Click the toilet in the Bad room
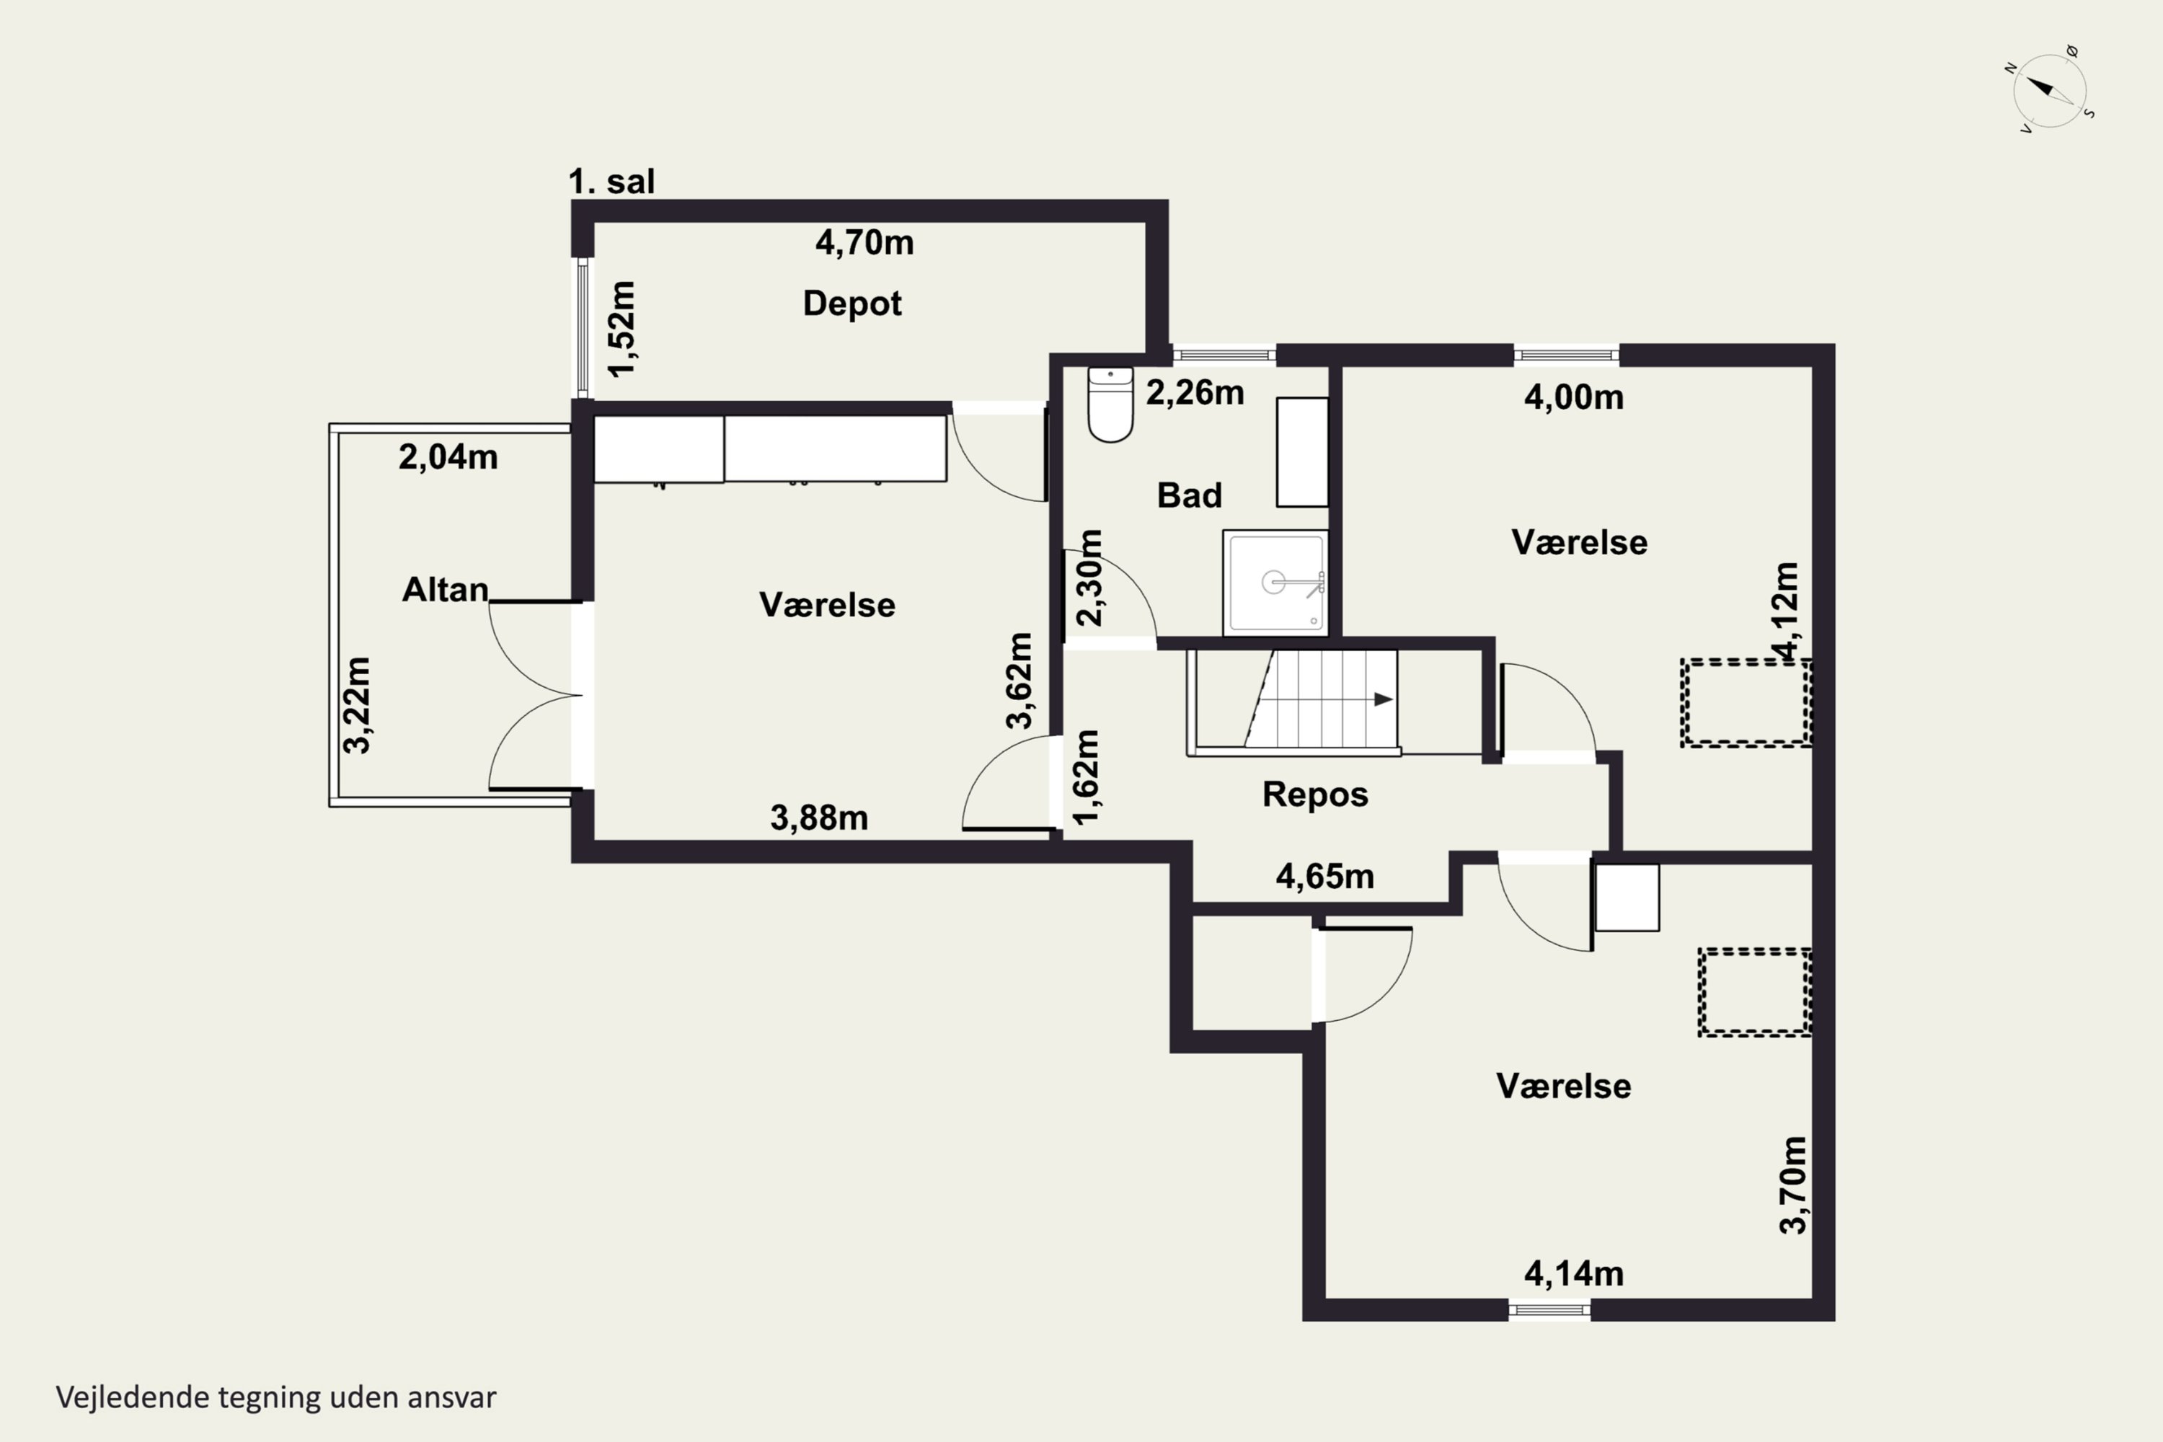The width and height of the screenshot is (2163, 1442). click(1110, 404)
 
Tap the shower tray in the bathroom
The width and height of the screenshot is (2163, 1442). click(1275, 582)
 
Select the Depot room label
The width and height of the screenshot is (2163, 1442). click(852, 304)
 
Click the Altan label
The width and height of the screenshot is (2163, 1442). click(445, 590)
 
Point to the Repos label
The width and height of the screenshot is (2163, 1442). click(1315, 795)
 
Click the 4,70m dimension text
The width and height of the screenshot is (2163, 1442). click(864, 243)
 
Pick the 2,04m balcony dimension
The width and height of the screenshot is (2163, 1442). click(448, 457)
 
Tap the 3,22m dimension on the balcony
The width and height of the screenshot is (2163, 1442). click(357, 705)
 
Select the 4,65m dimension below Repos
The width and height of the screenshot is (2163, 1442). click(1324, 877)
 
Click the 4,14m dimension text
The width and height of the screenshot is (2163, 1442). click(1573, 1274)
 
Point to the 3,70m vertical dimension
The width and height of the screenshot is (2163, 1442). click(1792, 1185)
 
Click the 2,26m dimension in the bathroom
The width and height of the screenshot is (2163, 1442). click(1195, 393)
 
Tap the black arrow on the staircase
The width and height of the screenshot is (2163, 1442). click(1383, 699)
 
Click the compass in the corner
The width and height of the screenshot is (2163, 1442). click(2050, 90)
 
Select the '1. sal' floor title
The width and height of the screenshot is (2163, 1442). click(611, 181)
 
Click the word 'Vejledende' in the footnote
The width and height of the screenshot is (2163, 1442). click(133, 1397)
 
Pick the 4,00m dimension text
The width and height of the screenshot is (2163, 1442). click(1573, 397)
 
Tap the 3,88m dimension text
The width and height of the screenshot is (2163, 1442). click(818, 818)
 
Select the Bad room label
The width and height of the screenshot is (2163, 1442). click(1189, 496)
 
